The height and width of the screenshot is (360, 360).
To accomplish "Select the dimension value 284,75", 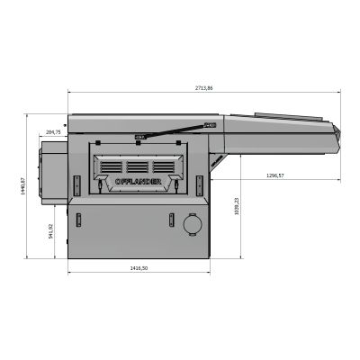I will click(x=53, y=132).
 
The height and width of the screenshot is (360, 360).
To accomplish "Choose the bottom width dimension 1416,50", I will click(x=139, y=267).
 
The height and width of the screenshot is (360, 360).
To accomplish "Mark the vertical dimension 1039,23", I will click(x=237, y=206).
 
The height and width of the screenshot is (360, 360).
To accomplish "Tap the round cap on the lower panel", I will click(x=193, y=225).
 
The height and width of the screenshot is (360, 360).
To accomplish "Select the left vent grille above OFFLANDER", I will click(x=112, y=166).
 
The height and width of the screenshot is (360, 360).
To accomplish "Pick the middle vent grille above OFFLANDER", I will click(x=138, y=166).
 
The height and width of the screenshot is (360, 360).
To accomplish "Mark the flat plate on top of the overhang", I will click(x=288, y=116).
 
